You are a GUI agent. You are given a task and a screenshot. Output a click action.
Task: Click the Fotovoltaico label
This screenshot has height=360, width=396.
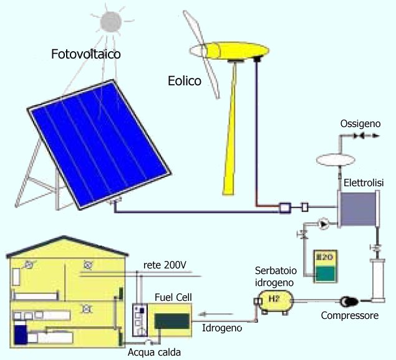85,54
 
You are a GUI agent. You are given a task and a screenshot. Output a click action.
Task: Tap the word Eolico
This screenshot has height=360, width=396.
185,80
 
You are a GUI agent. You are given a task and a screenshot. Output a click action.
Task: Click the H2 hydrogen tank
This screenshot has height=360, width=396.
274,300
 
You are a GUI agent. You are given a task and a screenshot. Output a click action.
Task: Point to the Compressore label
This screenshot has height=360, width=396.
350,316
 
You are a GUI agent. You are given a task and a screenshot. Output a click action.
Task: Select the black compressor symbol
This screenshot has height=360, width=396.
345,301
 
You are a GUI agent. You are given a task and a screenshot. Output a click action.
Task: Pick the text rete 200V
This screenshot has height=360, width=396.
165,265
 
